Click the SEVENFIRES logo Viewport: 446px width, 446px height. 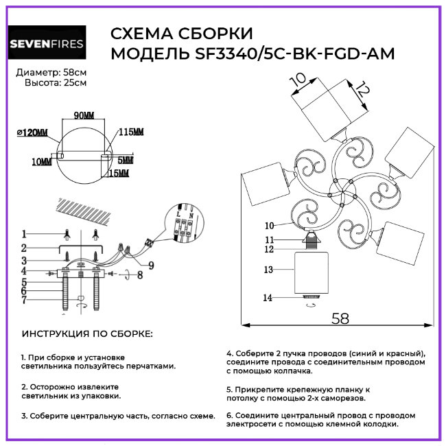(x=47, y=44)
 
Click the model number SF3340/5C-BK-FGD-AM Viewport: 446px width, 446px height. (x=287, y=54)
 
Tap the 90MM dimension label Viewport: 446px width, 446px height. (x=83, y=115)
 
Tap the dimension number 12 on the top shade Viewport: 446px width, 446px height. (x=362, y=89)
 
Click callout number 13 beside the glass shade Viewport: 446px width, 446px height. (x=269, y=270)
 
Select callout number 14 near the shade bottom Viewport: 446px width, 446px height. (x=269, y=297)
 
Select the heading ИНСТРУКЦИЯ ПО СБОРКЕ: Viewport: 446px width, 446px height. (x=88, y=333)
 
